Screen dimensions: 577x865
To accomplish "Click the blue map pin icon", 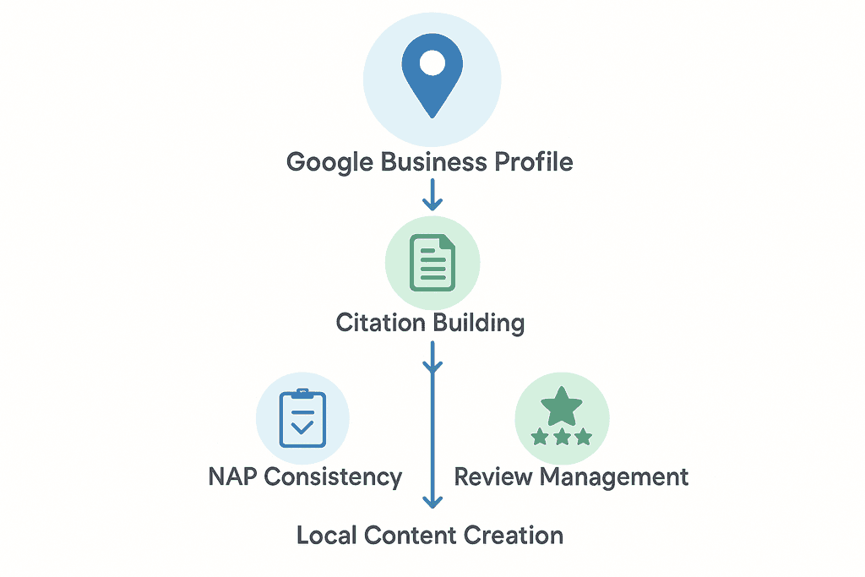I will (x=432, y=80).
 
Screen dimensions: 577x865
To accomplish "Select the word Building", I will (x=478, y=323).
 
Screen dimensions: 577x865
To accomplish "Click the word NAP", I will (x=233, y=476).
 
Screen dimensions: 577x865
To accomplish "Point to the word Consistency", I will (x=333, y=476).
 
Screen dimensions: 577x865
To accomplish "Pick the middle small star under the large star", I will (x=561, y=438).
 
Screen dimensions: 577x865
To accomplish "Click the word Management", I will (x=614, y=476).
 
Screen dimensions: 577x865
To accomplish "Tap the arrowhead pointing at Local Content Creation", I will (x=432, y=501).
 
